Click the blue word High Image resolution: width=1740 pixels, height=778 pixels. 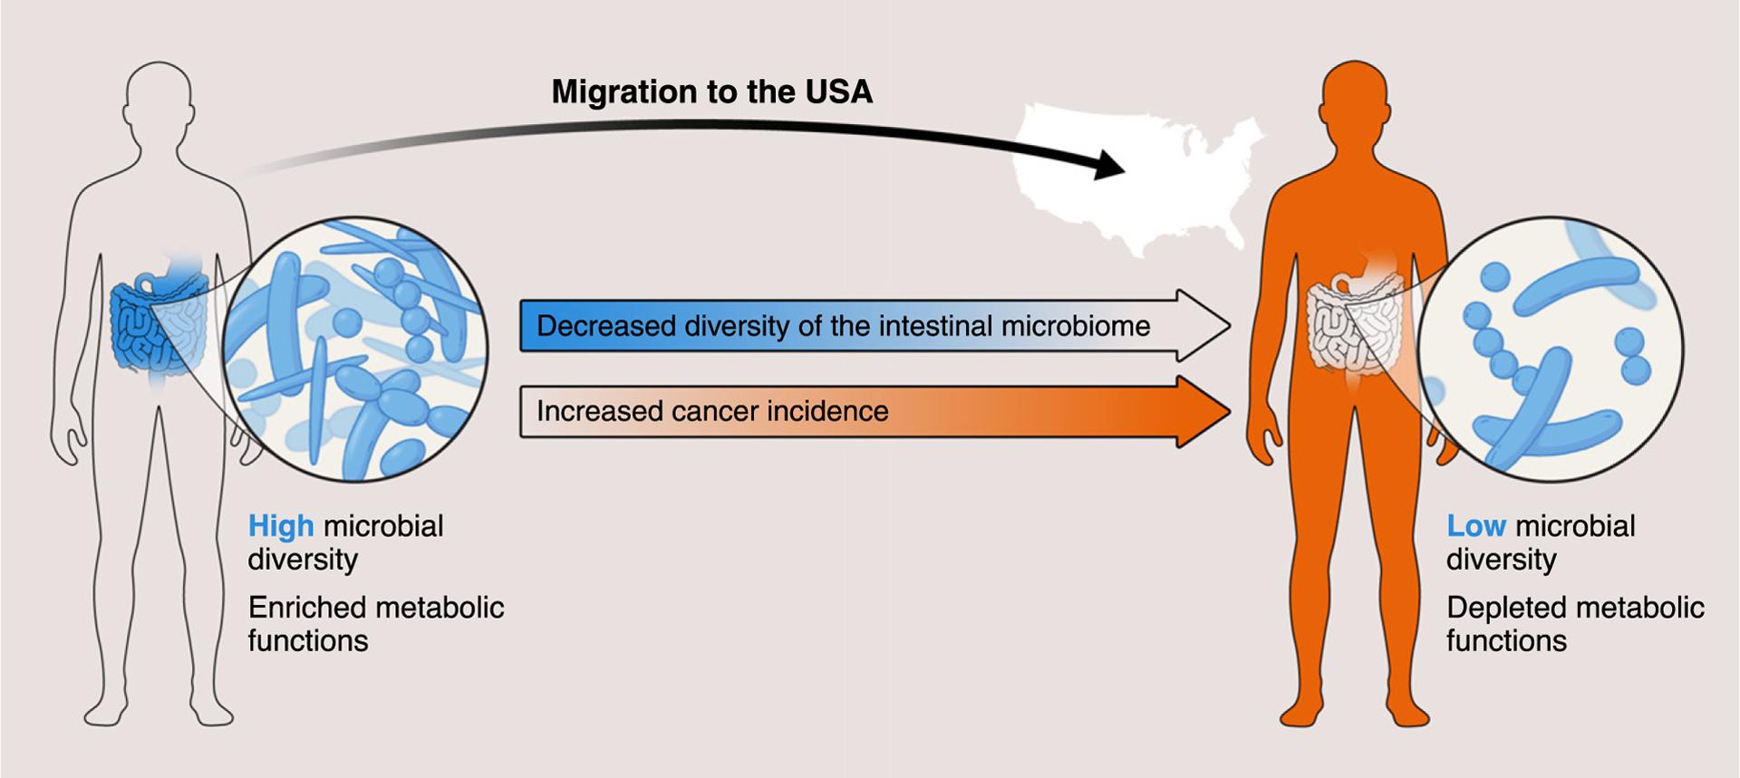[281, 526]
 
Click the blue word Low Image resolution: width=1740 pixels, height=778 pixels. [1475, 526]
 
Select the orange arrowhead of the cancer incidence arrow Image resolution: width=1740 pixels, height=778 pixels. [1201, 412]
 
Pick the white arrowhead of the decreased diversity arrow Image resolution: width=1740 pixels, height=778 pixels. [1201, 326]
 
